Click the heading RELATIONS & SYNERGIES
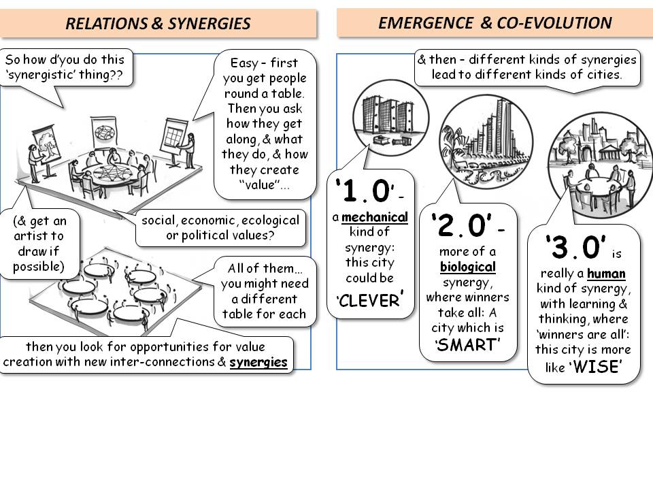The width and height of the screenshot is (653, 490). (x=158, y=24)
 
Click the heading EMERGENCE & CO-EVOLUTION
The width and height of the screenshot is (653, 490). (x=495, y=23)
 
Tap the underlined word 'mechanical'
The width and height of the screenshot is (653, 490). (x=375, y=218)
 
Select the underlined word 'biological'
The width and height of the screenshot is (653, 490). (x=467, y=267)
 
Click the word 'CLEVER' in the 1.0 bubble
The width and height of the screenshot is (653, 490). (x=370, y=300)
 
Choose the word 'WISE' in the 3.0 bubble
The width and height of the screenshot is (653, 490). (x=597, y=368)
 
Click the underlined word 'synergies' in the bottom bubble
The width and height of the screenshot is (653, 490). (x=258, y=362)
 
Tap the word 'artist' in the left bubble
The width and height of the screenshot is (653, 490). (x=46, y=236)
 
